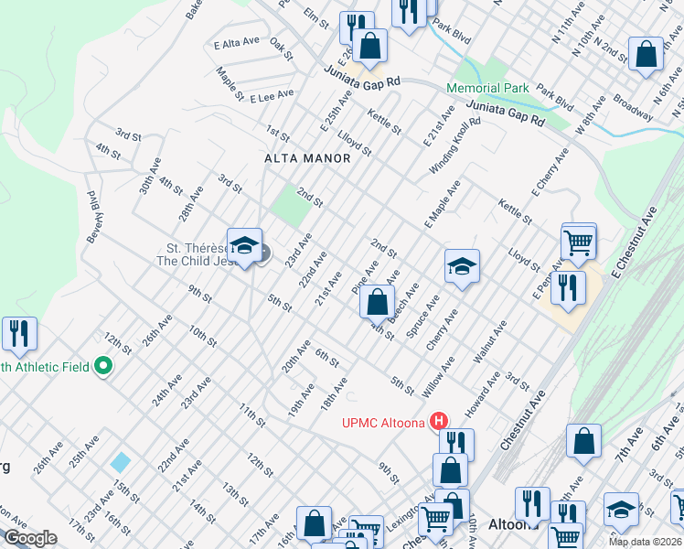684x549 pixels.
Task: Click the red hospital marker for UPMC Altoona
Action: click(439, 422)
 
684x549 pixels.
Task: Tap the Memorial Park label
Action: click(487, 88)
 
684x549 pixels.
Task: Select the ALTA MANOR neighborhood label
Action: click(307, 158)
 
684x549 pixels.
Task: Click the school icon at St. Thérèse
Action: click(244, 246)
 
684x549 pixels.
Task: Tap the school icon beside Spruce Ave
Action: click(462, 266)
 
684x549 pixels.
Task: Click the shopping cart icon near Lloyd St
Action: click(579, 242)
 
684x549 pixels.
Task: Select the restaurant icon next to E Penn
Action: click(567, 287)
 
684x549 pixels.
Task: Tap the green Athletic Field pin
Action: click(102, 367)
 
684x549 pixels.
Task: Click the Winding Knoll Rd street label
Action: click(454, 147)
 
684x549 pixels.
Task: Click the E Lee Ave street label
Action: click(273, 93)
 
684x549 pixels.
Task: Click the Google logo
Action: click(29, 538)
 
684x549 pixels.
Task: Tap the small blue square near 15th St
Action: click(120, 462)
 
